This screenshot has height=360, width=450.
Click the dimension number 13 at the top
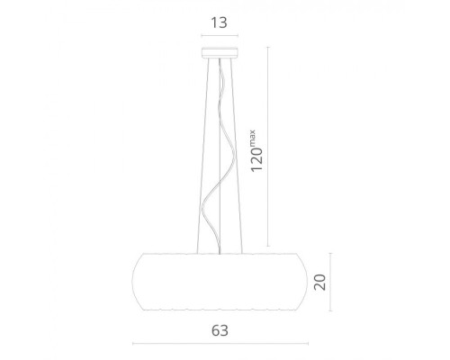tap(220, 22)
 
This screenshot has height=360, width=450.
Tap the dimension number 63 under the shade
tap(220, 330)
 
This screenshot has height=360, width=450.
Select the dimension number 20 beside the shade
tap(319, 282)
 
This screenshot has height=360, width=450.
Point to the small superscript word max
tap(252, 137)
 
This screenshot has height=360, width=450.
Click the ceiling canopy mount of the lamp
tap(220, 52)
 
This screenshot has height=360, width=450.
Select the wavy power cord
tap(219, 156)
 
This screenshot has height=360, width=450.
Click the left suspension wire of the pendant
tap(202, 156)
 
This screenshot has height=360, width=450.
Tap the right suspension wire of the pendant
tap(237, 156)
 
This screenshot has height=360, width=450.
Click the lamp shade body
tap(220, 282)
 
